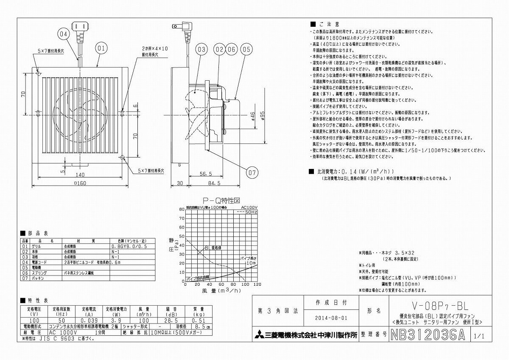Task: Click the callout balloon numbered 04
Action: tap(63, 33)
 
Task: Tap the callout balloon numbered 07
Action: tap(252, 172)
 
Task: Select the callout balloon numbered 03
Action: tap(201, 50)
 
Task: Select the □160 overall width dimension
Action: tap(80, 184)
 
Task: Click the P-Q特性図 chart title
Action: tap(222, 200)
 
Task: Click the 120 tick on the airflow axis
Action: tap(257, 285)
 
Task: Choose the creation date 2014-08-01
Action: tap(331, 318)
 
